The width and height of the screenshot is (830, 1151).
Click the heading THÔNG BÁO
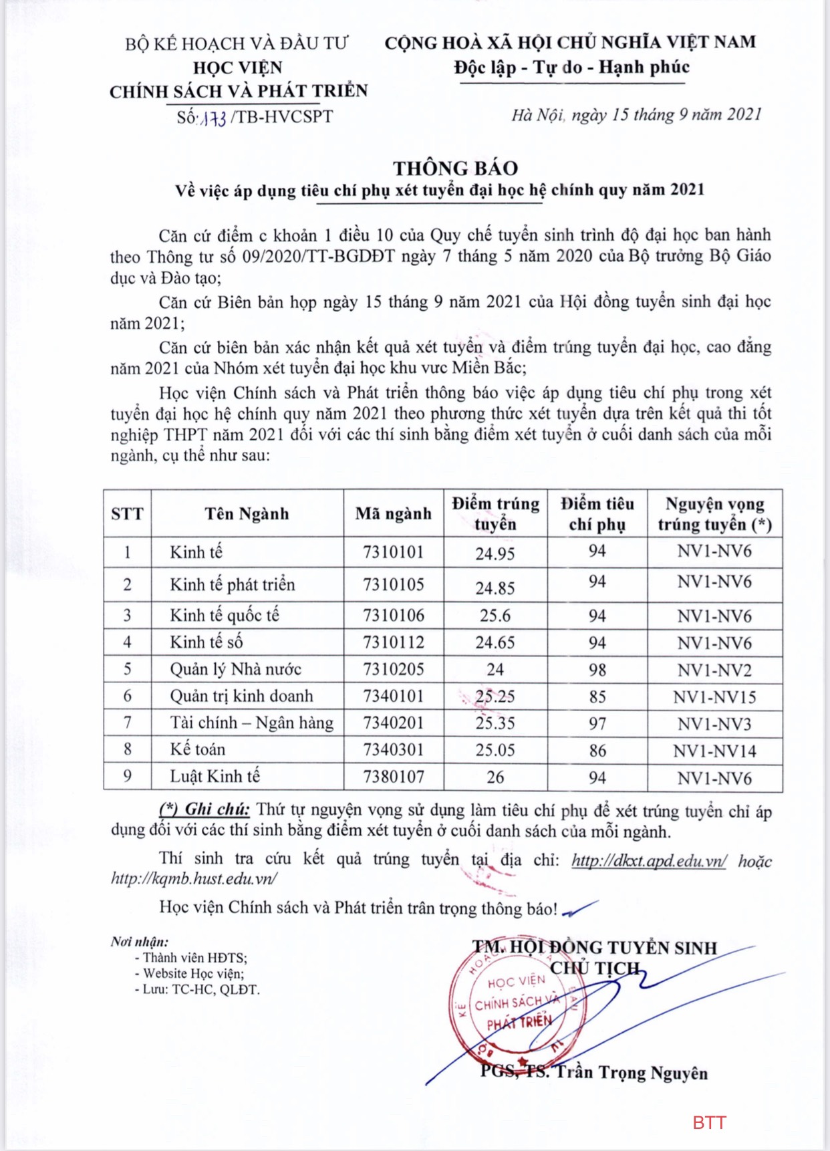click(455, 168)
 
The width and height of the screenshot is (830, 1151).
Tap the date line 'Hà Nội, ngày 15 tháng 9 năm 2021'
click(636, 115)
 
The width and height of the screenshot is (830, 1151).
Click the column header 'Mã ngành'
click(393, 513)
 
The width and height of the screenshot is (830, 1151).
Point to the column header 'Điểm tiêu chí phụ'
click(597, 513)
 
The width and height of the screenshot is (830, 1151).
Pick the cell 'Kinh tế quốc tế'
click(225, 615)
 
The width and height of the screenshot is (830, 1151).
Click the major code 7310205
click(393, 669)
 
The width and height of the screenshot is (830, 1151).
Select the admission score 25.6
click(495, 615)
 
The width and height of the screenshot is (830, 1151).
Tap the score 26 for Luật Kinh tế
click(495, 777)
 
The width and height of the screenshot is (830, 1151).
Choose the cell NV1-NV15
click(714, 697)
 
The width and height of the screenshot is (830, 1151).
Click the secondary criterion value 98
click(597, 669)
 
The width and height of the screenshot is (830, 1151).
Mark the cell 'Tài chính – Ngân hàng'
click(251, 723)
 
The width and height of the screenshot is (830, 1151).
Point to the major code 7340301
click(393, 750)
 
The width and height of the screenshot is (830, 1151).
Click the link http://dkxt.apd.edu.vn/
click(649, 861)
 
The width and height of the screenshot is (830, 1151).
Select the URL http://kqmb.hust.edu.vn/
click(194, 878)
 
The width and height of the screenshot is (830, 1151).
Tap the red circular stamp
click(515, 1003)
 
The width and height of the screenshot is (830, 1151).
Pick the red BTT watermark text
click(709, 1122)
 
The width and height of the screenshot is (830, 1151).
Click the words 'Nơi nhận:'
click(139, 942)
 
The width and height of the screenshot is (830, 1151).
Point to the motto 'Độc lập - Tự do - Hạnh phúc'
click(571, 67)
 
